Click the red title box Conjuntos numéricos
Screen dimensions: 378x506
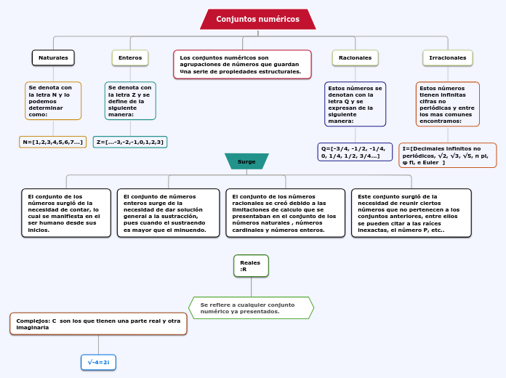coord(257,19)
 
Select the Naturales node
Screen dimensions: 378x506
coord(53,57)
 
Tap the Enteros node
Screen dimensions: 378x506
coord(130,57)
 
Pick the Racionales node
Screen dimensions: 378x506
coord(355,57)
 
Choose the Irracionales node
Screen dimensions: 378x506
coord(448,57)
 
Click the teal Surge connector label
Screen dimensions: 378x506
coord(246,161)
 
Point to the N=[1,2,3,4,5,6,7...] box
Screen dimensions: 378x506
coord(52,142)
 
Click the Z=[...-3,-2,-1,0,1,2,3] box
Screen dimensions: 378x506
coord(130,142)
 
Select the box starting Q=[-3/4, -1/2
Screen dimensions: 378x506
coord(355,152)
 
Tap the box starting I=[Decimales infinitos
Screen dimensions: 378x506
coord(448,155)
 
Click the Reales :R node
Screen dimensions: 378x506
coord(251,266)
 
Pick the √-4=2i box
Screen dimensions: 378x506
coord(98,361)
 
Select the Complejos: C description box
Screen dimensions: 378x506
coord(99,323)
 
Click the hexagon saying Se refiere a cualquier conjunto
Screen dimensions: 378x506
coord(251,307)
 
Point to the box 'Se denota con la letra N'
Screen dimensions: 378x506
coord(53,100)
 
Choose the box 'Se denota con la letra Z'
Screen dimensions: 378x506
coord(130,100)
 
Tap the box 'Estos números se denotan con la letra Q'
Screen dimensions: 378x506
coord(355,104)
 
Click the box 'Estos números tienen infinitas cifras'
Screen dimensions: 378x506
coord(448,104)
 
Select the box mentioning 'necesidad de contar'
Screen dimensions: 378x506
coord(66,213)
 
